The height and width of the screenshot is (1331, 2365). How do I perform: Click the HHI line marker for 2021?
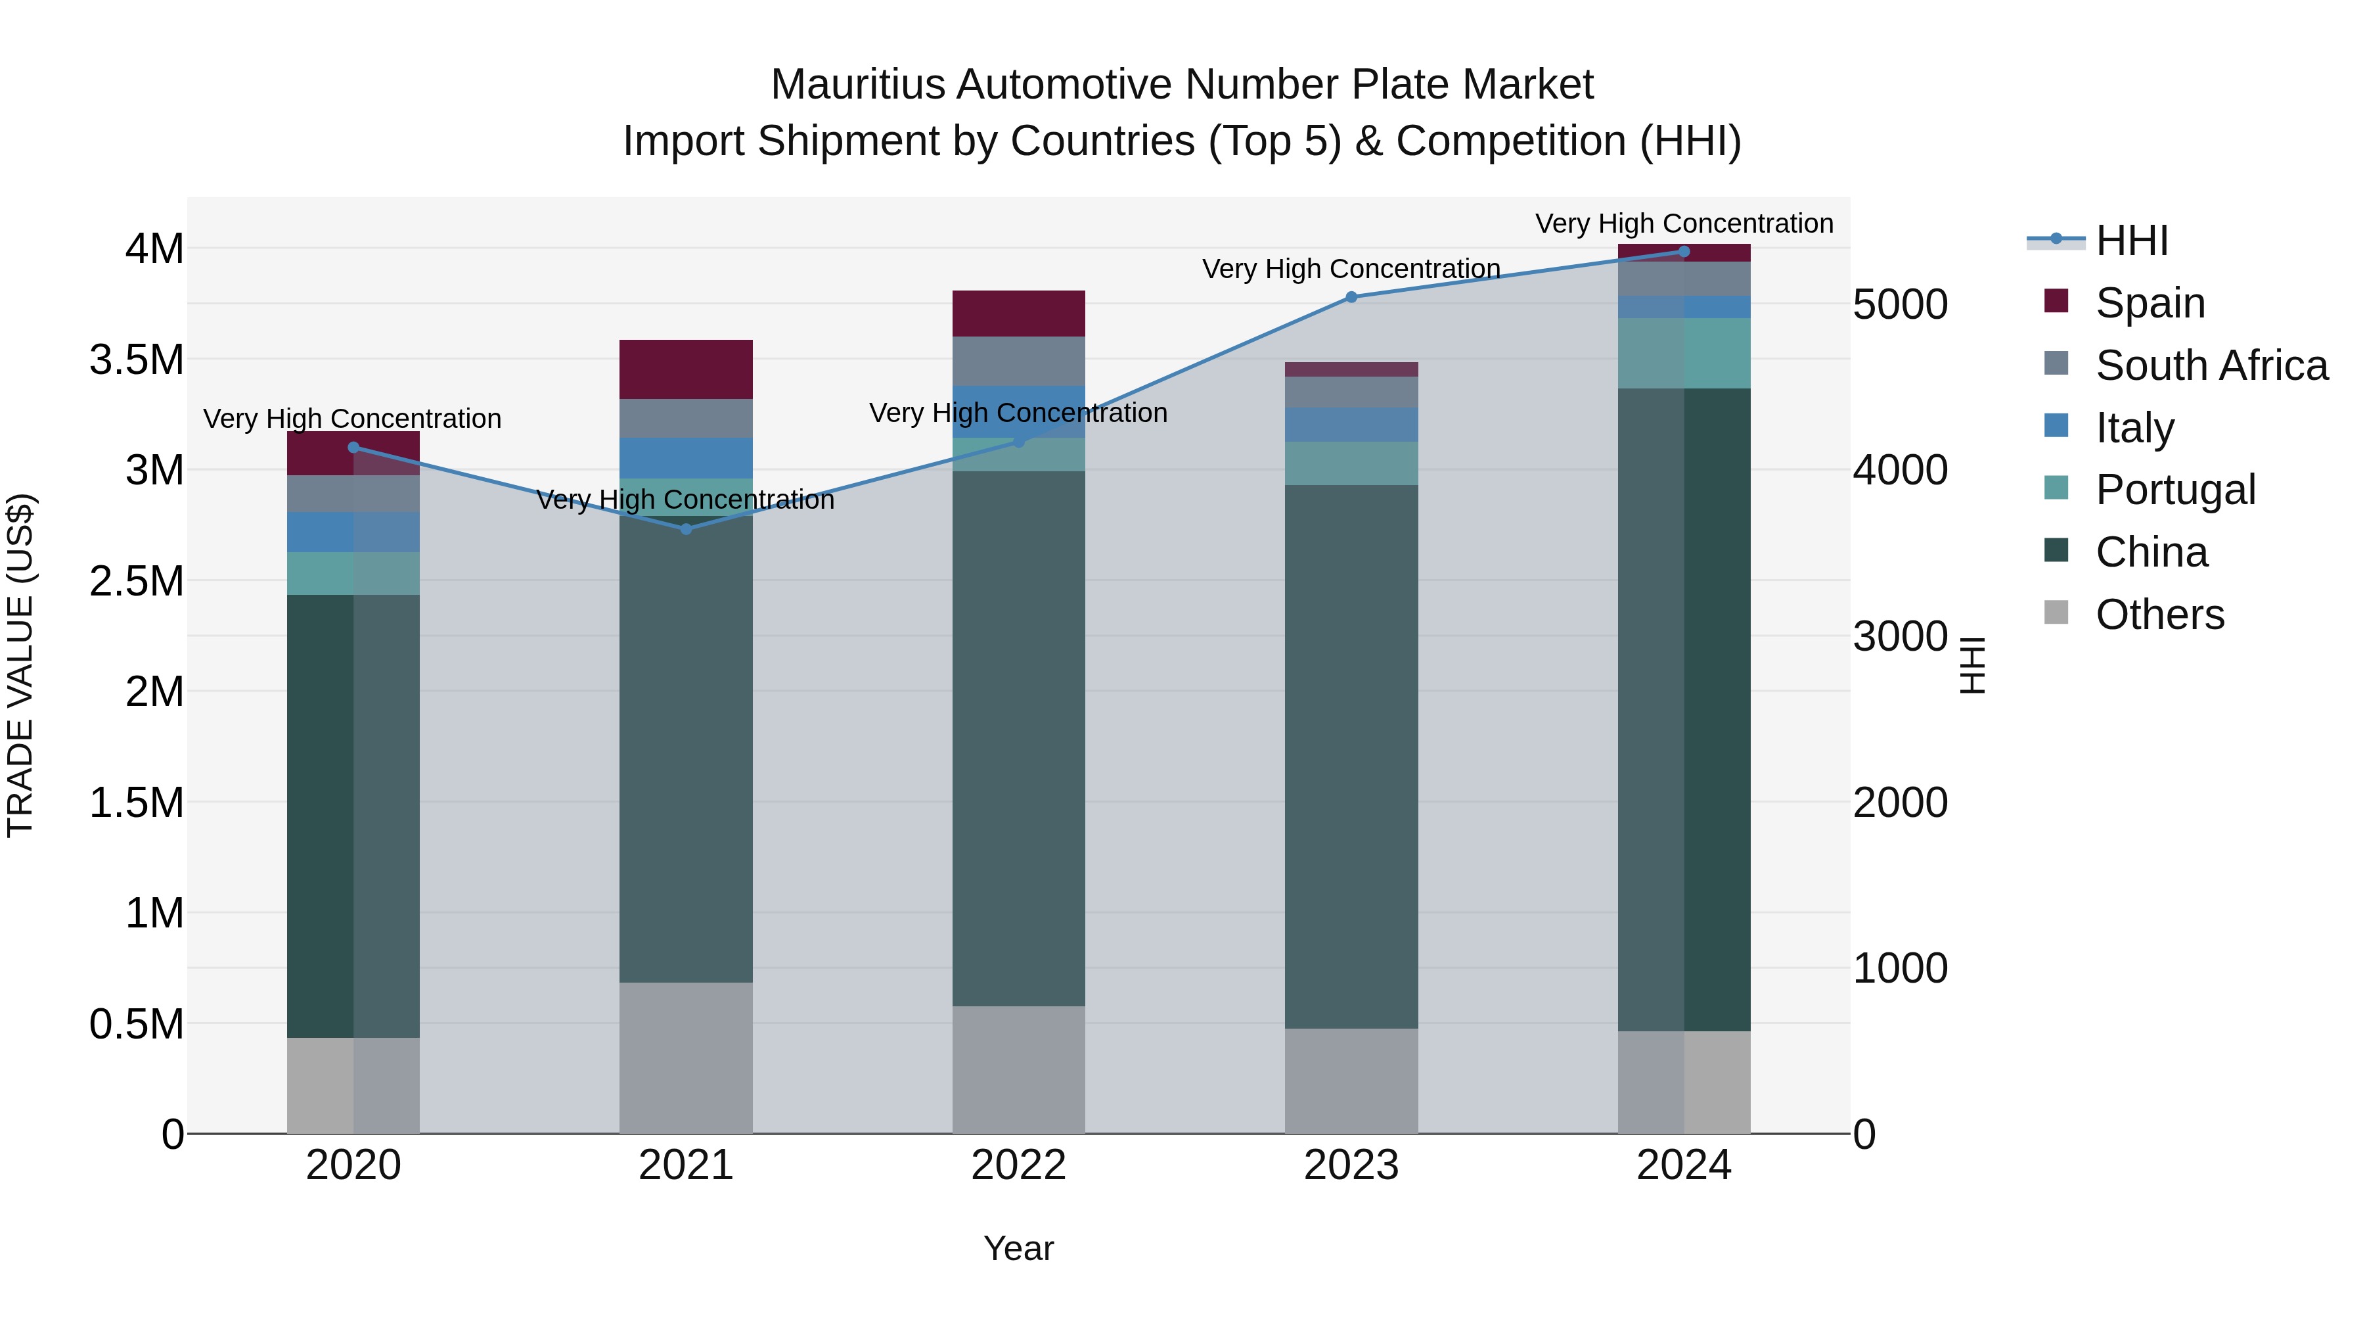click(x=686, y=529)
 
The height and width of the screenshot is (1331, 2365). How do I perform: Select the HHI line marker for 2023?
click(x=1351, y=296)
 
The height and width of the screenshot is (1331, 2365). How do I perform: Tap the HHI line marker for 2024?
click(x=1684, y=252)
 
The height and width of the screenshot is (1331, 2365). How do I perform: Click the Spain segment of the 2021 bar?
click(x=686, y=369)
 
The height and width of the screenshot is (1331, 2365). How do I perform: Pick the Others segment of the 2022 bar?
click(x=1018, y=1069)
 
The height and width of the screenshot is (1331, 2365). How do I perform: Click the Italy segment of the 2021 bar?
click(x=686, y=457)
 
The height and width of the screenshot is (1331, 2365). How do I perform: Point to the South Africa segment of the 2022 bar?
click(x=1018, y=361)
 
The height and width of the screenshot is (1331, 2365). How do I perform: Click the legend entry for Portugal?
click(x=2175, y=490)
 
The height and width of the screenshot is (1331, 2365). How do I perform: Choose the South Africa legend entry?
click(x=2211, y=365)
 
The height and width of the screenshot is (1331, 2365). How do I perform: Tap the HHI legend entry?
click(x=2131, y=241)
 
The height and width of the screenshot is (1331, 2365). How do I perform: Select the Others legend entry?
click(x=2159, y=614)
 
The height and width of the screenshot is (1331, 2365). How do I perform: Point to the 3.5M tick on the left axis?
click(x=137, y=359)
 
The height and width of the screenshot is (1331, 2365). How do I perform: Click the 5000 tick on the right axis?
click(x=1899, y=304)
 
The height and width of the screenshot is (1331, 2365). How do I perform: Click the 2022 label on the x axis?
click(x=1018, y=1165)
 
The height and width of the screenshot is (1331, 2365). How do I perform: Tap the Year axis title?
click(x=1018, y=1248)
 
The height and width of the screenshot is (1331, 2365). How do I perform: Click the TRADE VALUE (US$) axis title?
click(x=20, y=665)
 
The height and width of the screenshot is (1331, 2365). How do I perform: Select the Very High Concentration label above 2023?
click(x=1351, y=268)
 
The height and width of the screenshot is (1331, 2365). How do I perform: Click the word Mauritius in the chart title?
click(x=859, y=85)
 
